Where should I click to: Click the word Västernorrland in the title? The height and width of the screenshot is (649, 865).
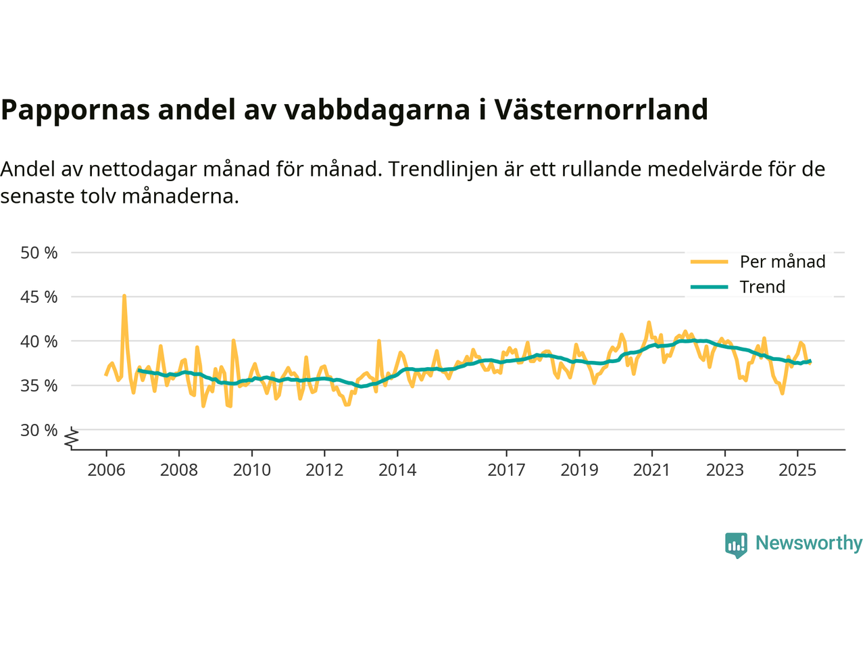pyautogui.click(x=601, y=110)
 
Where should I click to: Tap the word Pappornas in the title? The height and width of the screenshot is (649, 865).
pyautogui.click(x=75, y=110)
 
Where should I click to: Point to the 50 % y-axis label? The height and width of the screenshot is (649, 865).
pyautogui.click(x=39, y=253)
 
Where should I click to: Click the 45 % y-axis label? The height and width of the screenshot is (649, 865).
pyautogui.click(x=39, y=297)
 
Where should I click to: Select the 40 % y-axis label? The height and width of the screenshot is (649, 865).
pyautogui.click(x=39, y=341)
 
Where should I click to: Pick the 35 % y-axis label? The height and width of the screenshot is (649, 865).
pyautogui.click(x=39, y=385)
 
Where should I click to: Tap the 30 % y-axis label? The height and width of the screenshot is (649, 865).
pyautogui.click(x=39, y=430)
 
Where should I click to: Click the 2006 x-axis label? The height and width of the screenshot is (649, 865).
pyautogui.click(x=106, y=470)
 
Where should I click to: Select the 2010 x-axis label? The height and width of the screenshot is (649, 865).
pyautogui.click(x=251, y=470)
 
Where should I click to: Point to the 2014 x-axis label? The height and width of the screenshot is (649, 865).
pyautogui.click(x=397, y=470)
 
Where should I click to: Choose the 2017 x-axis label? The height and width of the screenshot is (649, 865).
pyautogui.click(x=506, y=470)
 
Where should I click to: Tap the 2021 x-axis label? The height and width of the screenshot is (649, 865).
pyautogui.click(x=651, y=470)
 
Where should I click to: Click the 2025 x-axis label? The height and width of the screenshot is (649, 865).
pyautogui.click(x=797, y=470)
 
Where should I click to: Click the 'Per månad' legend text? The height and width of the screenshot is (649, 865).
pyautogui.click(x=783, y=262)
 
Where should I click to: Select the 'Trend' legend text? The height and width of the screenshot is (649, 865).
pyautogui.click(x=762, y=287)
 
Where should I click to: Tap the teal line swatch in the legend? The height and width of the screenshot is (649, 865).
pyautogui.click(x=709, y=287)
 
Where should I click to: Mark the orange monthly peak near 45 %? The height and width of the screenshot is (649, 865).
pyautogui.click(x=124, y=296)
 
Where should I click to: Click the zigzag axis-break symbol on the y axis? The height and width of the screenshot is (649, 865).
pyautogui.click(x=72, y=439)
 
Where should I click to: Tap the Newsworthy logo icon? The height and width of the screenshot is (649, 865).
pyautogui.click(x=736, y=544)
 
